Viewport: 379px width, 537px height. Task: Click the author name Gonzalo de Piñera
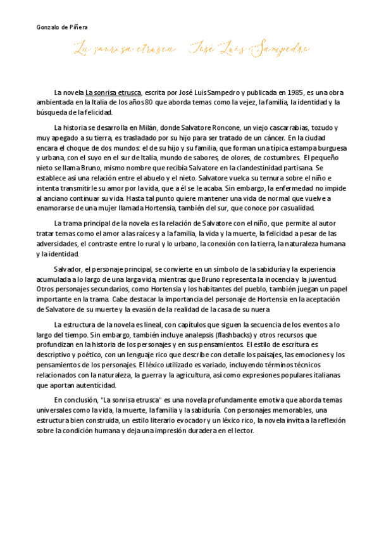point(62,28)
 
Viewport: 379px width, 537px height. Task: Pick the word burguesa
point(324,148)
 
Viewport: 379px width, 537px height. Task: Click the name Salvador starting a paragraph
point(67,269)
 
